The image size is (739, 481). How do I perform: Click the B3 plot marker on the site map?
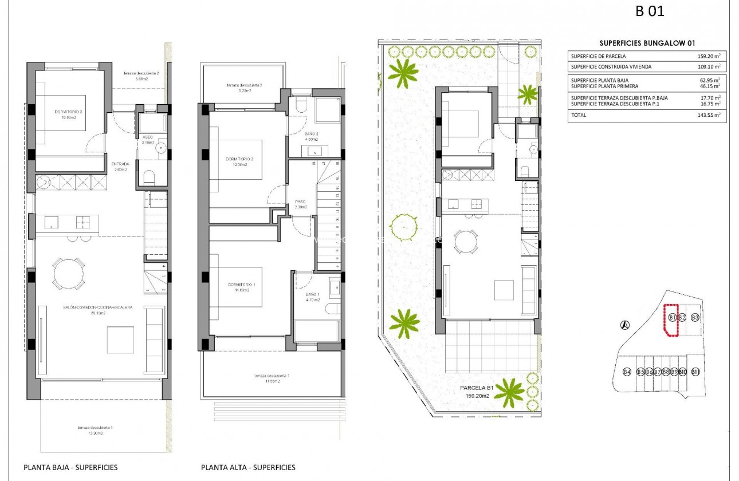coord(695,317)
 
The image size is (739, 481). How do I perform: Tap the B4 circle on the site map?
coord(627,372)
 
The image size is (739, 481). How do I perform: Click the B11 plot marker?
coord(695,372)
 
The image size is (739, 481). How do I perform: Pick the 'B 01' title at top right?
coord(650,11)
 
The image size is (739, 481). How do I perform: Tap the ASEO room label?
coord(148,137)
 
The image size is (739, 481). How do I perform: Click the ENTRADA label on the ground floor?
coord(120,163)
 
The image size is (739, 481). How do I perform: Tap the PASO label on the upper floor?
coord(301,202)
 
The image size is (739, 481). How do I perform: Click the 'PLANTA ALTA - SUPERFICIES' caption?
coord(249,467)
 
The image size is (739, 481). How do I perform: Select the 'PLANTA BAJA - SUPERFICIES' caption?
coord(70,467)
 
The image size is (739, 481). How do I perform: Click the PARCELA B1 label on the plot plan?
coord(475,388)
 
